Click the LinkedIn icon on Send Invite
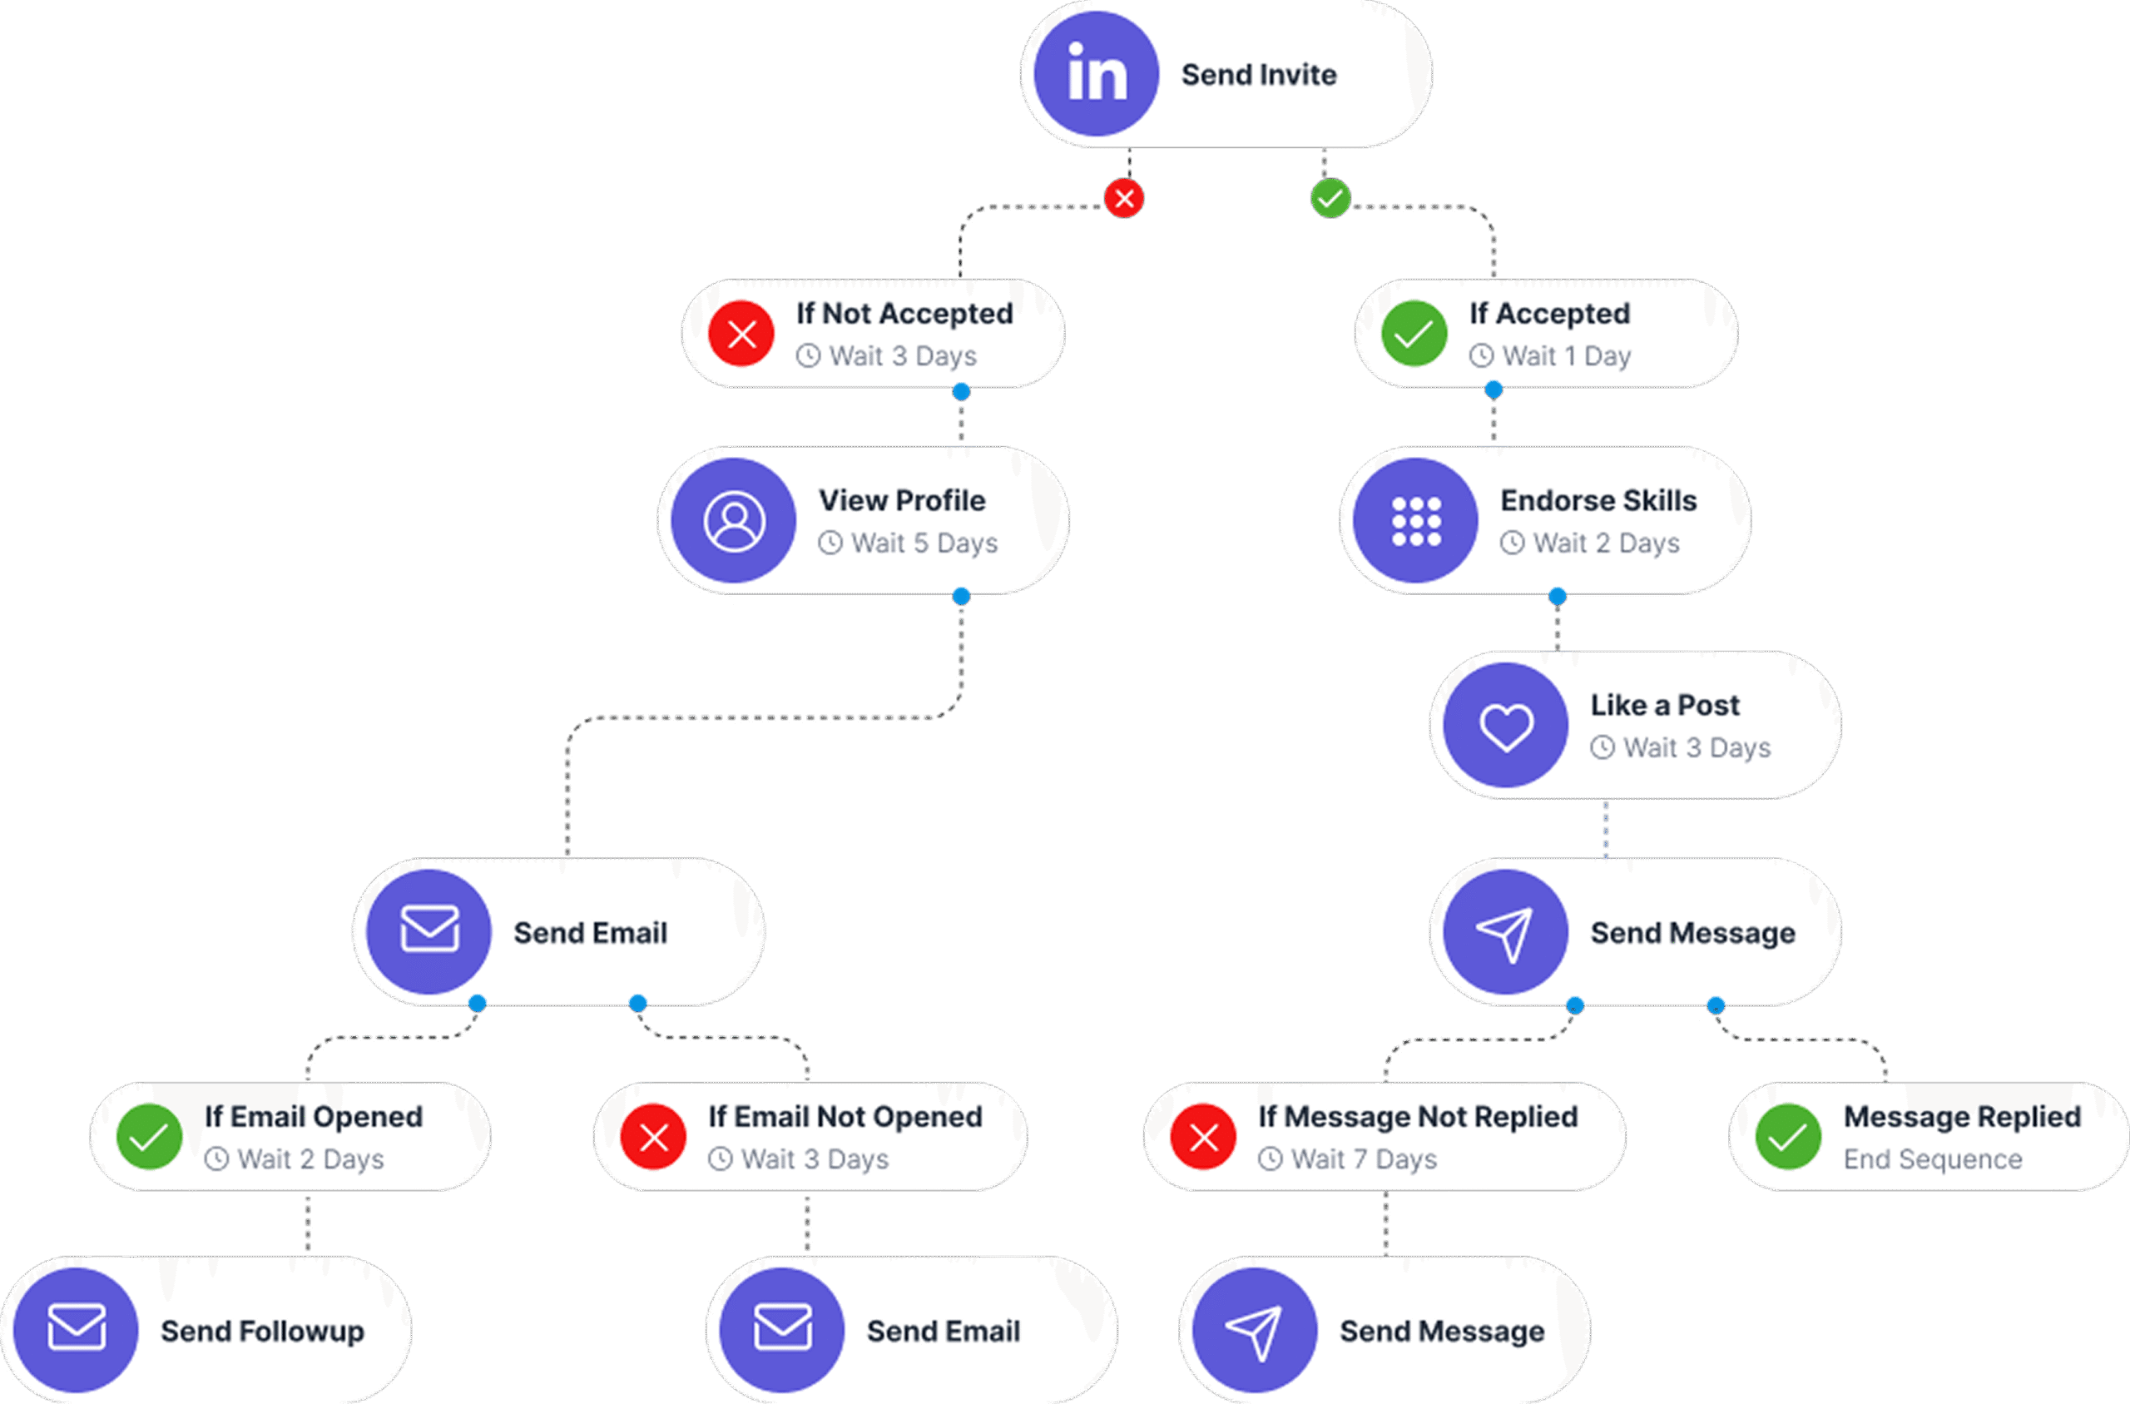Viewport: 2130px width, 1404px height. [1097, 73]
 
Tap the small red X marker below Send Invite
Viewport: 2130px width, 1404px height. [1124, 198]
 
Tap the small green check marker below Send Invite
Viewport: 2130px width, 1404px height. [1330, 198]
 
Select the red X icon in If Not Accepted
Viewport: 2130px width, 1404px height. [741, 334]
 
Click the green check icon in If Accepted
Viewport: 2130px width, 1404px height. [1414, 334]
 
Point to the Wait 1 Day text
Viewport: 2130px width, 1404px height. [1566, 356]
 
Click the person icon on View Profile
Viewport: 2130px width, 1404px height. [734, 520]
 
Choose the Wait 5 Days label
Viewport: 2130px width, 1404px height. [924, 543]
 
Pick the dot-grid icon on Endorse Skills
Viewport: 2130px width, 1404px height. [1416, 520]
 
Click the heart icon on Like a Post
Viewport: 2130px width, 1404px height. [1506, 725]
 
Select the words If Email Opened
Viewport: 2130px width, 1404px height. [313, 1117]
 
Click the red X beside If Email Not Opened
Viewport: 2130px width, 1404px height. [653, 1137]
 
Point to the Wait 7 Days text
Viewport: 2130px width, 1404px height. [1364, 1159]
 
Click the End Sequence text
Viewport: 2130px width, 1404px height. [1932, 1159]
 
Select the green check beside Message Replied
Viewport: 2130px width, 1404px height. [1788, 1137]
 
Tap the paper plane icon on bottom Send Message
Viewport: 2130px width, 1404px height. [1255, 1331]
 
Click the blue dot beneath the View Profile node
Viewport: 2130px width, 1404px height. [961, 597]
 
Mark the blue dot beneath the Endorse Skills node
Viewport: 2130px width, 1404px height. [1558, 597]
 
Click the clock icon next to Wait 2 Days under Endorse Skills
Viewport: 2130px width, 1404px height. [1513, 543]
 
